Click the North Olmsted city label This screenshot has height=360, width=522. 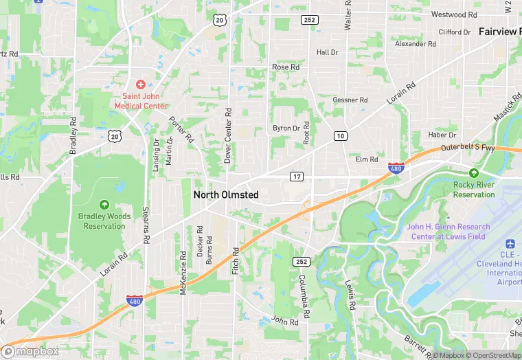[x=226, y=195]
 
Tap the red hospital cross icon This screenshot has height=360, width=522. [x=140, y=84]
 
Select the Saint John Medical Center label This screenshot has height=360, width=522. [x=140, y=101]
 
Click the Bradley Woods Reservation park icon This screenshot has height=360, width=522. [x=104, y=204]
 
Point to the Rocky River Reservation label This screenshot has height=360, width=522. [x=474, y=190]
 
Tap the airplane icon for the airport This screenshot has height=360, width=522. [x=510, y=245]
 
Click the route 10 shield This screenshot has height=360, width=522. [x=340, y=136]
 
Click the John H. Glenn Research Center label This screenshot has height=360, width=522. [x=449, y=232]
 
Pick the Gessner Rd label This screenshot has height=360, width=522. [x=350, y=100]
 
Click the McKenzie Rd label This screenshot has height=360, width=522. [x=183, y=273]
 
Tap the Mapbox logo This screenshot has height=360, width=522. [x=31, y=350]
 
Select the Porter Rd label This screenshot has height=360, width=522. [x=182, y=128]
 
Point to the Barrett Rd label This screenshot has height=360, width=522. [x=418, y=341]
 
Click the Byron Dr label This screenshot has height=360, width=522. [x=286, y=128]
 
